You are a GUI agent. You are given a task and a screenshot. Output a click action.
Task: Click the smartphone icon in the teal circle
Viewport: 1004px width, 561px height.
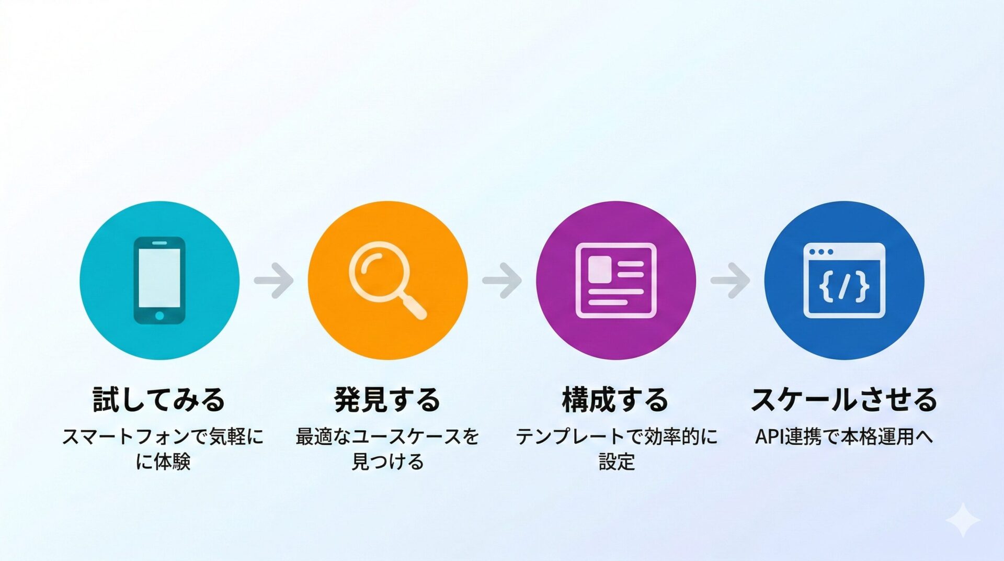coord(159,280)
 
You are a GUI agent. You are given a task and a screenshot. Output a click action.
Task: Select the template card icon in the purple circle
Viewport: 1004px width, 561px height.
coord(615,280)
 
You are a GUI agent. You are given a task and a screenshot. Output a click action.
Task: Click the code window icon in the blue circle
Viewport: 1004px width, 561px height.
coord(844,280)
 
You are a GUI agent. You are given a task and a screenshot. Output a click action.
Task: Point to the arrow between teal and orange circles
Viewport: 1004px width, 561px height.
coord(273,280)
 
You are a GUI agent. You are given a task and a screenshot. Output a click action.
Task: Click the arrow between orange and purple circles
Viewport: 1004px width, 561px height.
coord(501,280)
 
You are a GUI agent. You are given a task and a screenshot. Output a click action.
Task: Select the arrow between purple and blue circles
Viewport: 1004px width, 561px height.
coord(730,280)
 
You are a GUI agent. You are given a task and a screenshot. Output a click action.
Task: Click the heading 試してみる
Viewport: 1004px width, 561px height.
coord(159,399)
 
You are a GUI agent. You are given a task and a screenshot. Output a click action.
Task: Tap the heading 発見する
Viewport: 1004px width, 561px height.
coord(387,399)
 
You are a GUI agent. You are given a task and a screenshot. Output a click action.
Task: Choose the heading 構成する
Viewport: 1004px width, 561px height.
coord(615,399)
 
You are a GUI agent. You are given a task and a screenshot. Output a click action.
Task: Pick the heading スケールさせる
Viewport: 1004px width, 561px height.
coord(844,399)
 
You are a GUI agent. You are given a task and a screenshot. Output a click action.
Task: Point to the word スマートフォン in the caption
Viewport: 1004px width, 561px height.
coord(125,436)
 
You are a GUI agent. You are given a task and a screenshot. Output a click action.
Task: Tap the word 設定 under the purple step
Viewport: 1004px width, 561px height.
coord(617,462)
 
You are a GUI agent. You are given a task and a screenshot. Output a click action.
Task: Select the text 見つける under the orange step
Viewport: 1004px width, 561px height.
coord(387,462)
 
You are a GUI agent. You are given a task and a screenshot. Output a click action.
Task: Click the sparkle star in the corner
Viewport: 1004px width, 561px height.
coord(963,520)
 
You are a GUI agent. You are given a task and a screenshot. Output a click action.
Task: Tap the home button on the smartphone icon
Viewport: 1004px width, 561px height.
coord(159,316)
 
